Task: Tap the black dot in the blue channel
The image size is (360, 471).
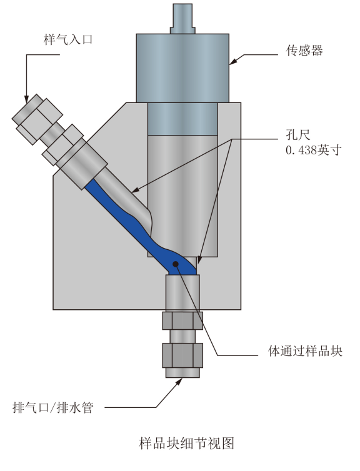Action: [177, 265]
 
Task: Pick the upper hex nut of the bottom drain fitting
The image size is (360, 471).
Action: [182, 320]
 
